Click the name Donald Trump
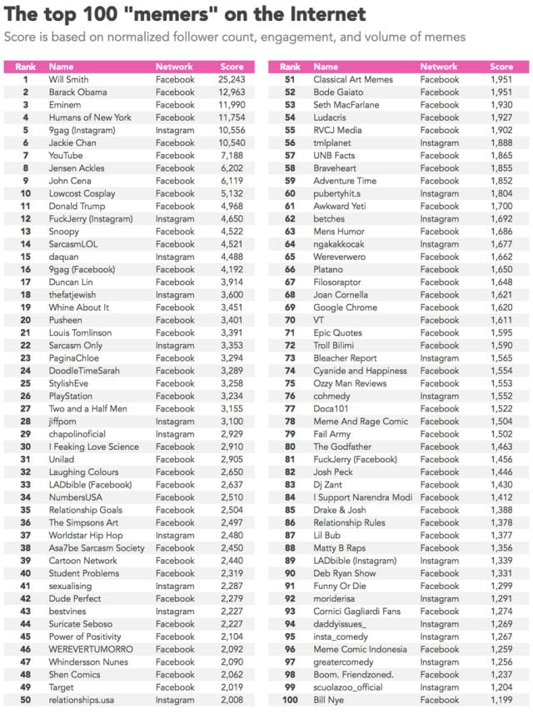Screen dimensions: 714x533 pyautogui.click(x=77, y=207)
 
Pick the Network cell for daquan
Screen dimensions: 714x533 pyautogui.click(x=175, y=257)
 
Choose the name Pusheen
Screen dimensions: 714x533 pyautogui.click(x=66, y=321)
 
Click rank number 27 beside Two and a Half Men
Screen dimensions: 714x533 pyautogui.click(x=26, y=409)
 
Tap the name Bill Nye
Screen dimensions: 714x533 pyautogui.click(x=328, y=701)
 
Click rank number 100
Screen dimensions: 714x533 pyautogui.click(x=290, y=701)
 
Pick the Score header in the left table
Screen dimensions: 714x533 pyautogui.click(x=232, y=67)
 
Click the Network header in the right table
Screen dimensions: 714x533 pyautogui.click(x=439, y=67)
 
